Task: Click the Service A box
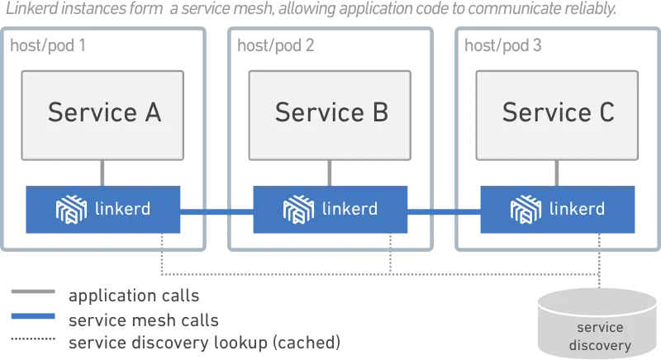point(103,115)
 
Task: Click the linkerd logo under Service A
point(71,209)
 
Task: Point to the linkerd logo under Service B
point(298,209)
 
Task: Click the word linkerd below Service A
point(123,208)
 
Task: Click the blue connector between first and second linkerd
point(217,210)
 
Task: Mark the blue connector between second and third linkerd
point(443,210)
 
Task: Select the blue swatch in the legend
point(33,317)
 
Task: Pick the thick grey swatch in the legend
point(33,292)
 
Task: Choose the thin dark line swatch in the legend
point(33,339)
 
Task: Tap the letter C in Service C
point(606,111)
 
